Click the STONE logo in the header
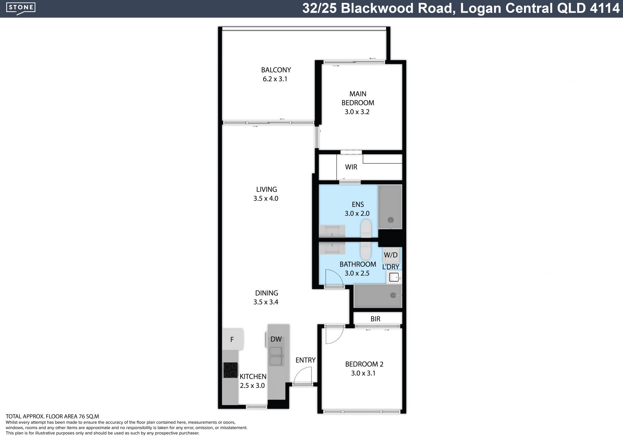click(x=21, y=8)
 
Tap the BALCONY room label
click(x=276, y=70)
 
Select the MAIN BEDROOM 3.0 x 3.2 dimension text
click(x=357, y=112)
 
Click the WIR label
click(x=351, y=167)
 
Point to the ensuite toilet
click(x=366, y=228)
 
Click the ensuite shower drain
click(x=391, y=220)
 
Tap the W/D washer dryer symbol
click(x=391, y=255)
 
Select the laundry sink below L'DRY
click(x=394, y=277)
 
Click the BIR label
click(x=375, y=319)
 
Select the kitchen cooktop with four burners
click(x=230, y=370)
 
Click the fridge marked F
click(x=233, y=339)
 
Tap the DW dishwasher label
click(x=276, y=339)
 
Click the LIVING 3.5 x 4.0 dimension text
click(x=266, y=198)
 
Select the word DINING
click(x=267, y=293)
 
